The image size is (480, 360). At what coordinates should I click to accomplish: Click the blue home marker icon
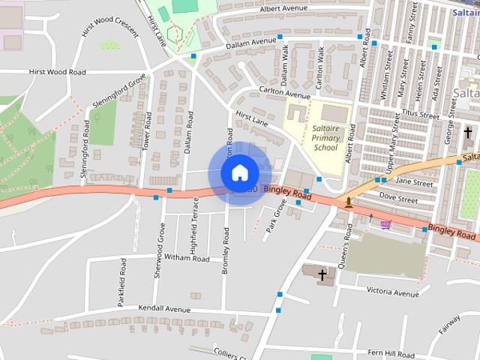pos(239,172)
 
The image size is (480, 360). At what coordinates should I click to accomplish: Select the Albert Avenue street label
pos(285,9)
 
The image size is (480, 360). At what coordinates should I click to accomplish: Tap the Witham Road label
pos(187,257)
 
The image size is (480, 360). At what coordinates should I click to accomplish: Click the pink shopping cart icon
pos(385,225)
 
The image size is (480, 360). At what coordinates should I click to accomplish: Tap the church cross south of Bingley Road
pos(323,275)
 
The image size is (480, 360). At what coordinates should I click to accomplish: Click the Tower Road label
pos(148,130)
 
